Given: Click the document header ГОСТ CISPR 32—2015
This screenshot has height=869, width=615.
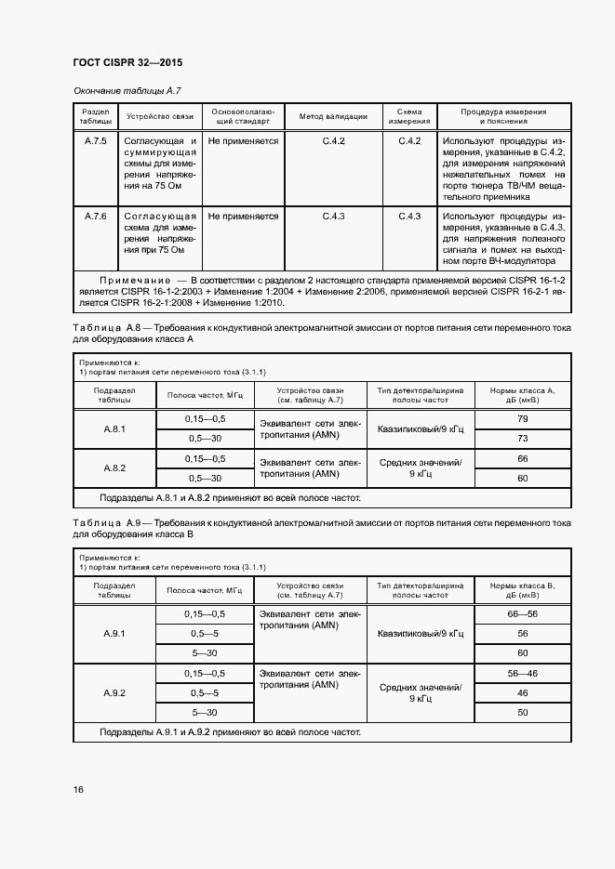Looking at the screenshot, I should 127,63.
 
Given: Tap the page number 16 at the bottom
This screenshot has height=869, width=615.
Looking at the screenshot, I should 79,789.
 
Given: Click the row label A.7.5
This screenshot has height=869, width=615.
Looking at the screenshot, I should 96,140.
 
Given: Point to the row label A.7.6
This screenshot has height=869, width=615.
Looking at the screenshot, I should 96,217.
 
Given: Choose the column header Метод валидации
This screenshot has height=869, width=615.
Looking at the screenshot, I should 333,117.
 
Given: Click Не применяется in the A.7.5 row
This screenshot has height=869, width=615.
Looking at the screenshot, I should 243,140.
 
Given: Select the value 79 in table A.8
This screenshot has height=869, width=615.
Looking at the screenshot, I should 522,419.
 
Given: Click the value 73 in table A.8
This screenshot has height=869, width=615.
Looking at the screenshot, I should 522,438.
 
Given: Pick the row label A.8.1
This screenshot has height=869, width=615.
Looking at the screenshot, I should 114,428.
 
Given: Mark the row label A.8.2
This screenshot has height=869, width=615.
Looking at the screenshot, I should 114,467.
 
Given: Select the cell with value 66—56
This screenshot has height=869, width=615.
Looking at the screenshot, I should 522,614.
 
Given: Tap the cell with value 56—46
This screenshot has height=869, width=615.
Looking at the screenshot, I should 522,673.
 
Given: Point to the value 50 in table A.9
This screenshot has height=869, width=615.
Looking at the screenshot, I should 522,712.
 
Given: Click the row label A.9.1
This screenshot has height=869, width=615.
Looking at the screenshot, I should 114,633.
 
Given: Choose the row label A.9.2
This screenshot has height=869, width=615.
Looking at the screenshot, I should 114,692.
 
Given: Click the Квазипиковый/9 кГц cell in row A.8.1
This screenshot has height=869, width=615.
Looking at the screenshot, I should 421,428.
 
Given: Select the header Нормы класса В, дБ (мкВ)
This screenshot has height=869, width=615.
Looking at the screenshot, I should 522,590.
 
